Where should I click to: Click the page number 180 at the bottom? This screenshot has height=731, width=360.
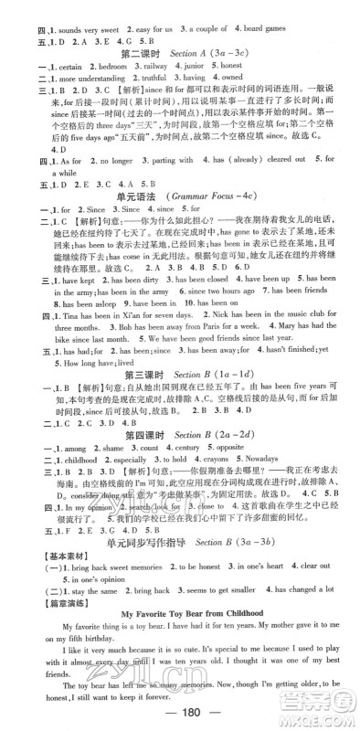click(x=179, y=713)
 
